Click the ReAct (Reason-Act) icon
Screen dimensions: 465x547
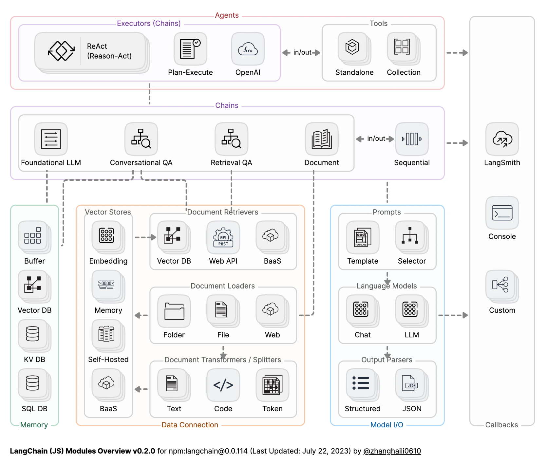coord(61,51)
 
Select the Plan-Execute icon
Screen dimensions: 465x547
coord(190,49)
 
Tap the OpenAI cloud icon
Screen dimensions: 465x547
coord(248,49)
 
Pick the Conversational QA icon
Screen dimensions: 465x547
coord(141,139)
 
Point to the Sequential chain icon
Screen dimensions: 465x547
coord(412,139)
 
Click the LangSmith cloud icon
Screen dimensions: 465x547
coord(502,139)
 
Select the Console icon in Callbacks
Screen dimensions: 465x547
coord(502,213)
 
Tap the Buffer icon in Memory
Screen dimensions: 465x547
coord(33,235)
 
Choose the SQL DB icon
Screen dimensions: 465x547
coord(33,383)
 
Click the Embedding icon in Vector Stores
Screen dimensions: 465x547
coord(106,235)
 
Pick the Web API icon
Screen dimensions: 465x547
coord(223,237)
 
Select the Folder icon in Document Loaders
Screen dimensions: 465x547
coord(174,311)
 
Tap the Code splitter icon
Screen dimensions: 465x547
coord(223,385)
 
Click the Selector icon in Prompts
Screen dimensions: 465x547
coord(410,235)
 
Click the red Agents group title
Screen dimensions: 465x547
coord(227,15)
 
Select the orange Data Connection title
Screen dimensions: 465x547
coord(190,425)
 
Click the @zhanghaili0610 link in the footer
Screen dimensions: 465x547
coord(392,451)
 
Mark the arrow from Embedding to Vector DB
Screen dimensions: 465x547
coord(145,237)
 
